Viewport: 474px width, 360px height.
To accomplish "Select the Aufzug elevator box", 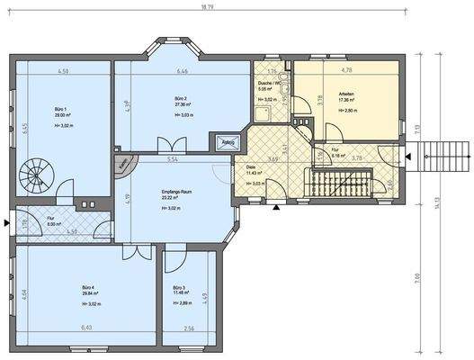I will (x=227, y=142).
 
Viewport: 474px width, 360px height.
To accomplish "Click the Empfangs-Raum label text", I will (x=178, y=193).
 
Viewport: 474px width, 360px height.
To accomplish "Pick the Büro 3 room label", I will (x=180, y=287).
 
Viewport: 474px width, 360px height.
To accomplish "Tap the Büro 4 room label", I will (x=87, y=287).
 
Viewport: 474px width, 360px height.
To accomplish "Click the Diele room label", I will (x=251, y=166).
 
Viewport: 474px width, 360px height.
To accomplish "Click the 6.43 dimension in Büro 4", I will (x=86, y=328).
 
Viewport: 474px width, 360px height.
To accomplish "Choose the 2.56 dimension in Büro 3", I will (x=189, y=328).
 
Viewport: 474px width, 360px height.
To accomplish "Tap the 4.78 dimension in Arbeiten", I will (x=345, y=67).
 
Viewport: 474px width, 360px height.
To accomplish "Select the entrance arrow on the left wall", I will (x=7, y=220).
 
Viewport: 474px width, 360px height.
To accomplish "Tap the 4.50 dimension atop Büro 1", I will (x=63, y=70).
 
